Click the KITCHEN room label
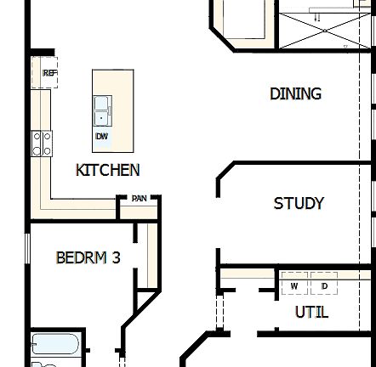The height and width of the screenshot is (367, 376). [x=108, y=170]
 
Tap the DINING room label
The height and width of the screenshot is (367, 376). [x=295, y=93]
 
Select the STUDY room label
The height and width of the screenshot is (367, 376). [x=299, y=204]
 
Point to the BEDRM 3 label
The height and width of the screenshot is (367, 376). [x=88, y=257]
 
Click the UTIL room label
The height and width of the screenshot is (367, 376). [x=311, y=312]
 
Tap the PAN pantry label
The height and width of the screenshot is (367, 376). [x=139, y=199]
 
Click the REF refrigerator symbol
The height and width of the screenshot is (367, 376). [x=49, y=73]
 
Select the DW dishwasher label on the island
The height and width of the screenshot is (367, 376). [x=101, y=136]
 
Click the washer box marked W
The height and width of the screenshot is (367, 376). [x=294, y=285]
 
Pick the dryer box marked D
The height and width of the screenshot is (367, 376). [x=323, y=285]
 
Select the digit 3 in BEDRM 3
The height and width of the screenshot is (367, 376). [x=116, y=257]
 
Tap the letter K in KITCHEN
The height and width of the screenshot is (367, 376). [x=81, y=170]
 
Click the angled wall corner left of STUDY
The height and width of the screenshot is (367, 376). [x=223, y=173]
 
